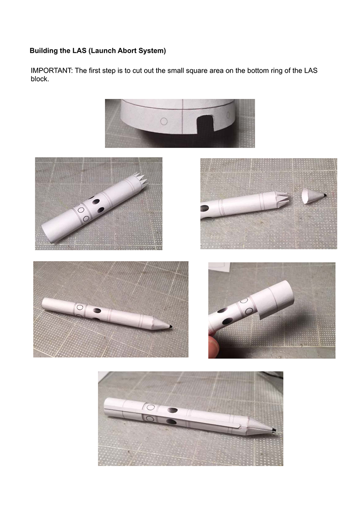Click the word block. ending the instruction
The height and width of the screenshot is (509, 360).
tap(40, 80)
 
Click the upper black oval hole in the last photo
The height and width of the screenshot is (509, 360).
tap(172, 410)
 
